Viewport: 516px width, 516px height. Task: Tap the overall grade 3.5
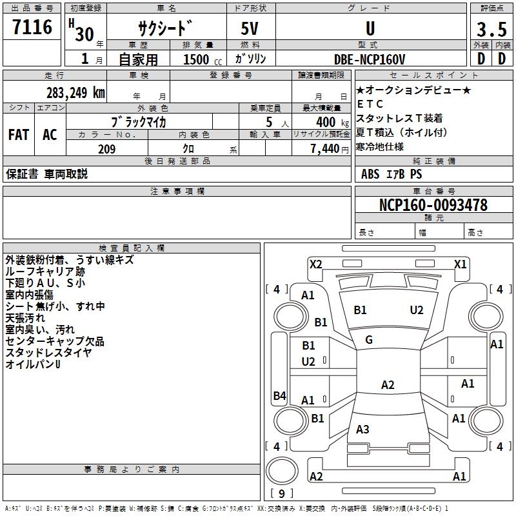click(x=491, y=30)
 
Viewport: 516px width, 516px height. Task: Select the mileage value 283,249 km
click(x=75, y=92)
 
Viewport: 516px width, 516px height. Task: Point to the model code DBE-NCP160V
click(x=370, y=59)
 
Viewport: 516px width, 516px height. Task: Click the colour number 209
click(x=106, y=149)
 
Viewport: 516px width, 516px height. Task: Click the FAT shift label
click(x=19, y=134)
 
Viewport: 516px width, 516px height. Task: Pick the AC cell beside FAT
click(x=50, y=134)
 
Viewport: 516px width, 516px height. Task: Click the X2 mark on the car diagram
click(x=315, y=264)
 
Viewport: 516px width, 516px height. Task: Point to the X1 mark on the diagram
click(x=460, y=264)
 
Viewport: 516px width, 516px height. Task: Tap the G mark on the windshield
click(x=369, y=339)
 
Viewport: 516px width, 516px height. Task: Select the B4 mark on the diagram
click(x=279, y=396)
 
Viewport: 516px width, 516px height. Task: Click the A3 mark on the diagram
click(x=362, y=430)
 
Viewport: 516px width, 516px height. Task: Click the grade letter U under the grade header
click(x=370, y=28)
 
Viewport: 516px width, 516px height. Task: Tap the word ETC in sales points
click(x=370, y=104)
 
